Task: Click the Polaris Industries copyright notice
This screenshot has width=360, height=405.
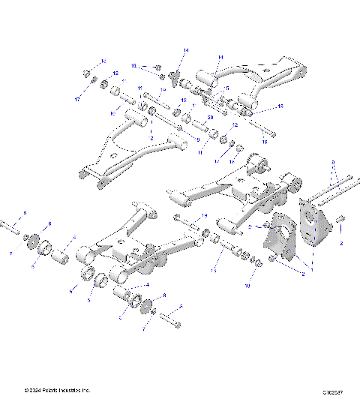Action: (58, 390)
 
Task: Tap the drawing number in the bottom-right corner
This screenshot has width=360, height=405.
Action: (334, 391)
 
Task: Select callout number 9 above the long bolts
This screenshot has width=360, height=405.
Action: (332, 161)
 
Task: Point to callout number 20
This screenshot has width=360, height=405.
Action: (210, 118)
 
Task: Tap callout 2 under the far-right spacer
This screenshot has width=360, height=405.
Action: (340, 244)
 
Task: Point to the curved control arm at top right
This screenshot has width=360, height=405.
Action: (255, 79)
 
